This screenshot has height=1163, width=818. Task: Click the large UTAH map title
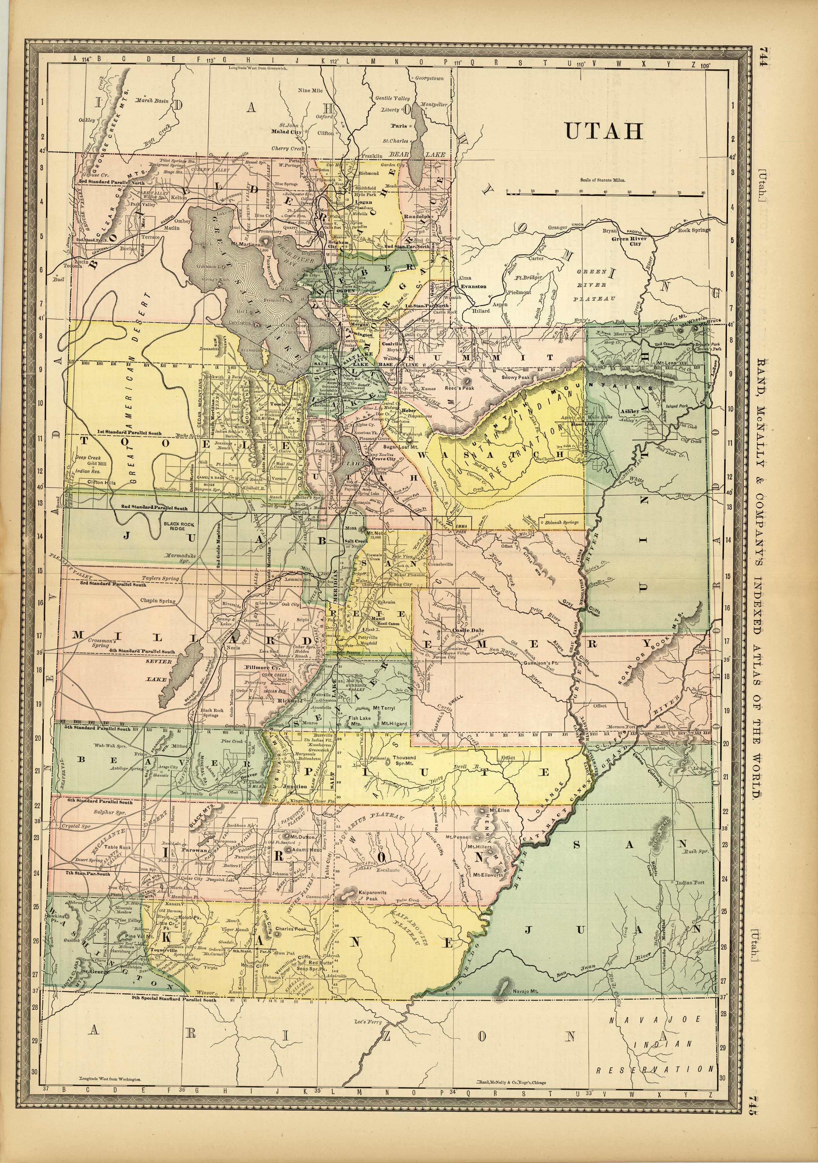tap(603, 131)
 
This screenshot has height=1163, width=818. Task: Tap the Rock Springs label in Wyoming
tap(694, 230)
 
